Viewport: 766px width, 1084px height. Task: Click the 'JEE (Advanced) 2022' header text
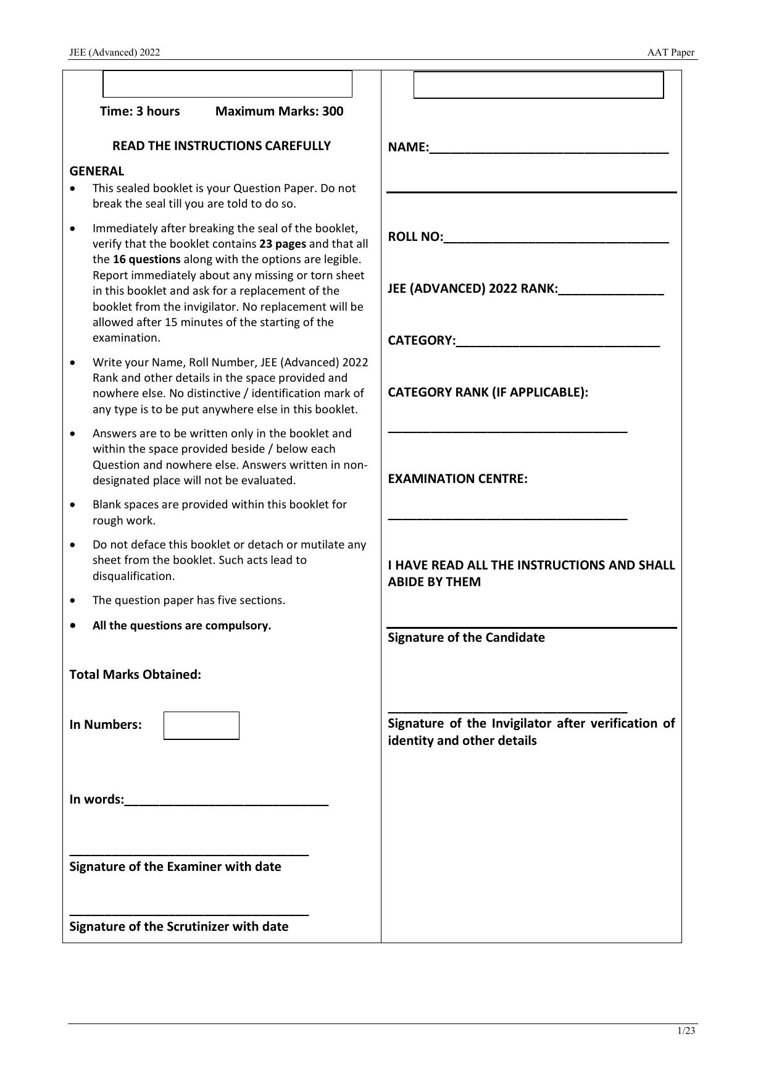coord(114,53)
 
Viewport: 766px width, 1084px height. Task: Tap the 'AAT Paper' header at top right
coord(670,53)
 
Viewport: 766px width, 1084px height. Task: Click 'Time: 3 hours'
coord(140,111)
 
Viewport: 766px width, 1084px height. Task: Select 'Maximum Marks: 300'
coord(279,111)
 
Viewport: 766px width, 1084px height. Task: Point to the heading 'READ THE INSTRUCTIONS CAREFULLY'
coord(221,146)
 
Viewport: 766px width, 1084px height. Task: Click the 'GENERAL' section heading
coord(96,171)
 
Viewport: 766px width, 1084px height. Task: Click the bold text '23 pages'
coord(282,243)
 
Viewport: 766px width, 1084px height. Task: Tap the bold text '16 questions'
coord(146,259)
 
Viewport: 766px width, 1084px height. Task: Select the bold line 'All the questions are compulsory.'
coord(181,625)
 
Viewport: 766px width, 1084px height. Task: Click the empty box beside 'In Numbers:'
coord(201,725)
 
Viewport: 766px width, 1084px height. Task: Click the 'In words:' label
coord(96,799)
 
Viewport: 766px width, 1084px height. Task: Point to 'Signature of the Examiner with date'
coord(175,867)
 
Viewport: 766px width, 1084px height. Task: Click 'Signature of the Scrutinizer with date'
coord(179,926)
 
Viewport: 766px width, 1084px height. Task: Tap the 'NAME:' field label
coord(407,147)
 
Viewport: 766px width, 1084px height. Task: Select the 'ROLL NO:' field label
coord(415,237)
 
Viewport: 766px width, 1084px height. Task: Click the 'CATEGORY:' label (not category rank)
coord(422,340)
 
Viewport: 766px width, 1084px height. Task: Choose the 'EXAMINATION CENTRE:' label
coord(457,479)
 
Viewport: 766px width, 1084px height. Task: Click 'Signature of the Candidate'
coord(466,637)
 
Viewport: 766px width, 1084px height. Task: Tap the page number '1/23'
coord(686,1031)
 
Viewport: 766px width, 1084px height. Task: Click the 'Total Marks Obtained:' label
coord(135,674)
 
